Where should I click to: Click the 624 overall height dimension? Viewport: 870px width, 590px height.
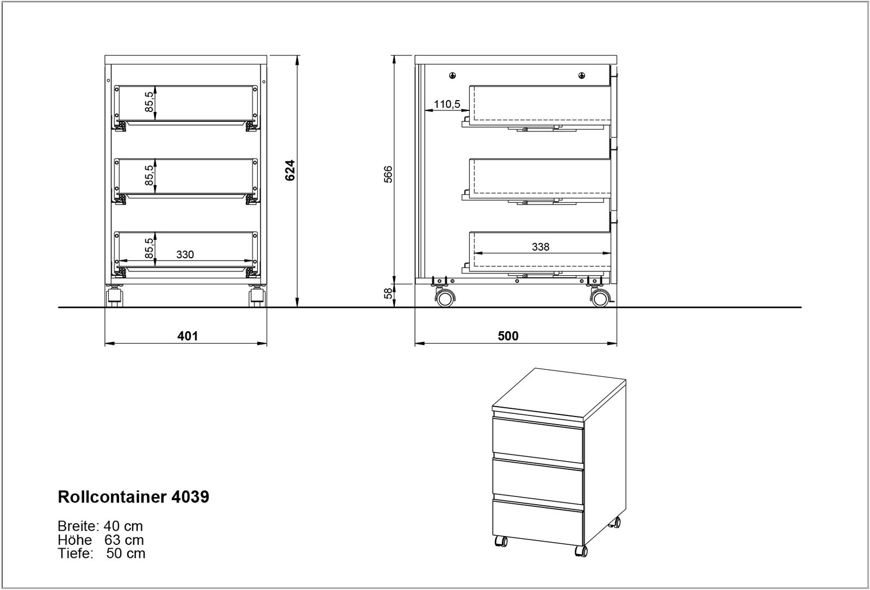tap(290, 170)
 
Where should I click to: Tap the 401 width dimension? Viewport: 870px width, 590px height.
tap(188, 336)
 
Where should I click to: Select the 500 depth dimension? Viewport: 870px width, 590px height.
tap(508, 336)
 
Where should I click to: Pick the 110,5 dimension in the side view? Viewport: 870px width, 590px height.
tap(447, 104)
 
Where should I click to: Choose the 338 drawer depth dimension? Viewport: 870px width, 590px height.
tap(540, 247)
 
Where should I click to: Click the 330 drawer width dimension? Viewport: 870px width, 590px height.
tap(185, 254)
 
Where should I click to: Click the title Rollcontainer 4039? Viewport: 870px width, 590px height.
tap(133, 497)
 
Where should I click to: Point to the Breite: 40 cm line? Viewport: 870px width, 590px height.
tap(100, 526)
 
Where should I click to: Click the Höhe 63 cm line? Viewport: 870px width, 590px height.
tap(101, 540)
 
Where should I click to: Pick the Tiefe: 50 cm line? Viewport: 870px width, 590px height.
tap(101, 554)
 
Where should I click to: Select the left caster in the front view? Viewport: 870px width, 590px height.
tap(115, 297)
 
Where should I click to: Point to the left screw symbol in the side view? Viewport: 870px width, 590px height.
tap(453, 76)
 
